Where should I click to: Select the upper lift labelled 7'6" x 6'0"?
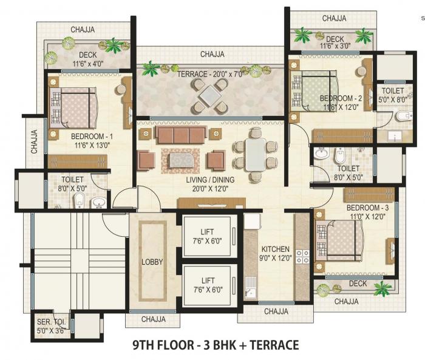208,236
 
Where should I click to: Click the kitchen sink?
251,283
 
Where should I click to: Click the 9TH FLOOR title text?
216,345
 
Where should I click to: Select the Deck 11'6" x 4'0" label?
87,59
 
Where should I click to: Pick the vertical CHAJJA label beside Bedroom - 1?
35,140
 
